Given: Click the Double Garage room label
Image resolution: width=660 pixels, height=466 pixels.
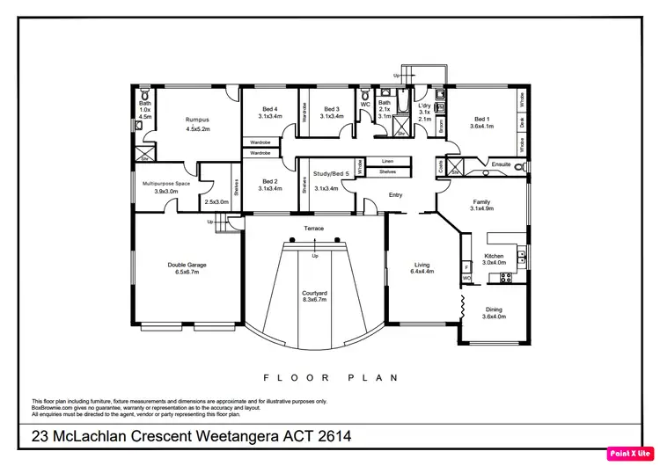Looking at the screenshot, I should tap(187, 264).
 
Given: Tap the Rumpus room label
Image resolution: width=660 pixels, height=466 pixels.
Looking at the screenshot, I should tap(196, 120).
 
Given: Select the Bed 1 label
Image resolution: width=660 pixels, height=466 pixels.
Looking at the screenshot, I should tap(482, 120).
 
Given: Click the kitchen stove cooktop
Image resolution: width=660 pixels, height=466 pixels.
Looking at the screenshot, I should tap(506, 278).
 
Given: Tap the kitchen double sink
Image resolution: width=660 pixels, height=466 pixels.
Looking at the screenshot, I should tap(522, 258).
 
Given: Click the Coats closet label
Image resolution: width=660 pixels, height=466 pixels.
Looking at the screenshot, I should tap(440, 165).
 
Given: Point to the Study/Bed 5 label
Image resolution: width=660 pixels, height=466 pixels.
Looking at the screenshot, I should tap(332, 174).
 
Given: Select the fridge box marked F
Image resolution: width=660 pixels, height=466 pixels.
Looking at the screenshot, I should tap(466, 266).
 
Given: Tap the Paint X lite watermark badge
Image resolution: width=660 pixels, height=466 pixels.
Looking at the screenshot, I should tap(629, 454).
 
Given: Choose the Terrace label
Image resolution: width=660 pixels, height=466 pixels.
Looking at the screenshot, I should tap(314, 229).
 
